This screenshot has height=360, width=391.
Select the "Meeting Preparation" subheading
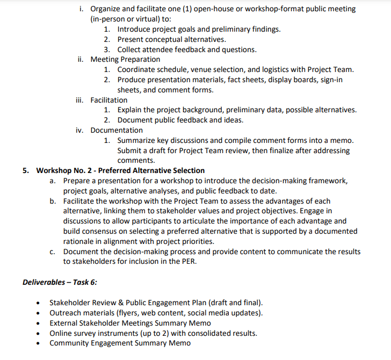click(125, 59)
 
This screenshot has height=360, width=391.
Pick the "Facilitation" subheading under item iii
click(109, 100)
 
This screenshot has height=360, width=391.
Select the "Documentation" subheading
click(117, 130)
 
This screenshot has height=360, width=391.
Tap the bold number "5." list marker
click(26, 171)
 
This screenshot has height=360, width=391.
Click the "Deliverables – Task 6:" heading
click(60, 282)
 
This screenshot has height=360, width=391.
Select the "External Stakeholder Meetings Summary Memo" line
click(130, 323)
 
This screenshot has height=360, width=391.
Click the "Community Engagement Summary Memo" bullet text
click(120, 343)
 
